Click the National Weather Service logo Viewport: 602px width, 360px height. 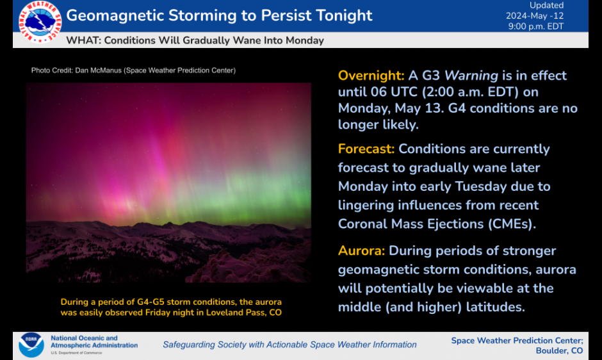tap(40, 22)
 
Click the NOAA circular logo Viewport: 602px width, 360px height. tap(31, 345)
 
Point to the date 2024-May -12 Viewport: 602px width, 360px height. tap(534, 16)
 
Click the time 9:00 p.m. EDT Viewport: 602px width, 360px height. tap(536, 26)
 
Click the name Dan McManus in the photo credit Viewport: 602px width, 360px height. tap(98, 70)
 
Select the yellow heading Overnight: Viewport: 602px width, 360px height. tap(371, 76)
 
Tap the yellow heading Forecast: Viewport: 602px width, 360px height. tap(366, 149)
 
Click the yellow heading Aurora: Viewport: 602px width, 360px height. tap(361, 251)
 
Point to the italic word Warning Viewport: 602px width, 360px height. tap(471, 76)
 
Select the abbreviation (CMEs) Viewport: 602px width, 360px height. tap(512, 224)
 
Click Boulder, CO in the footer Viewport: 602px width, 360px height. tap(559, 351)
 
